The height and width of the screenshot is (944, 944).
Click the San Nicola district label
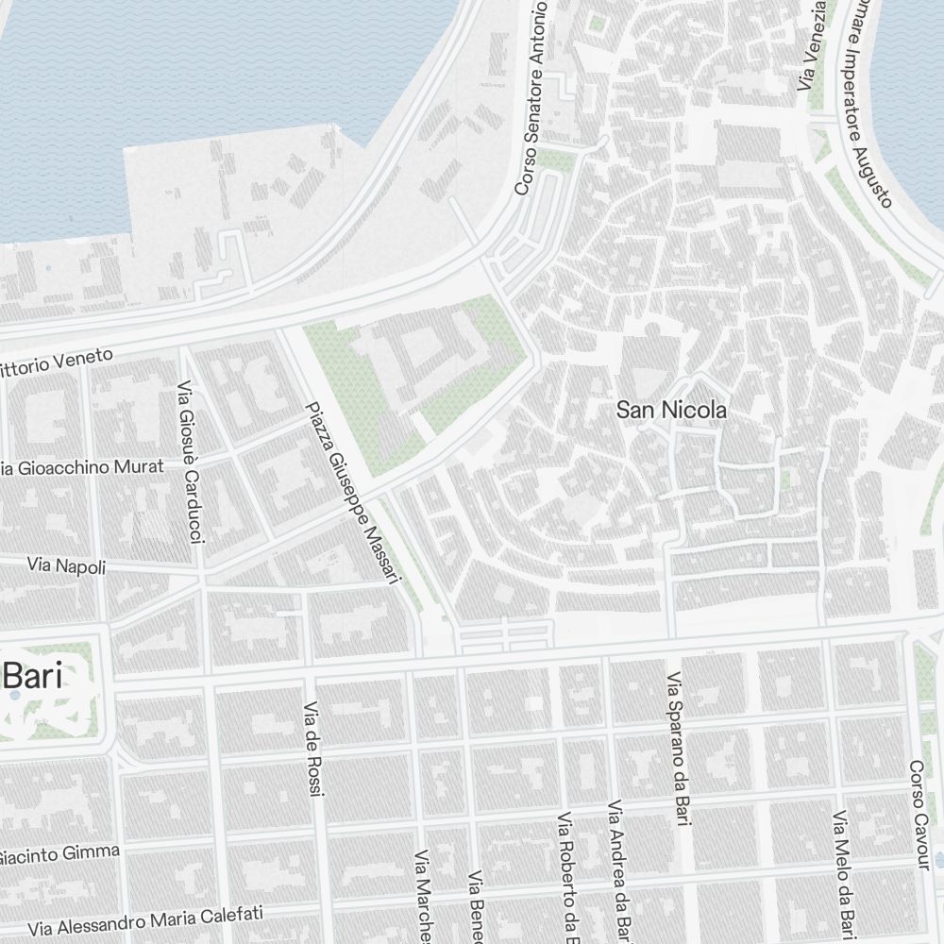tap(671, 410)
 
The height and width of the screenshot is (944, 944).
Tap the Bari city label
tap(33, 677)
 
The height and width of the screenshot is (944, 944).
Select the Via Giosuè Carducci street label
tap(190, 463)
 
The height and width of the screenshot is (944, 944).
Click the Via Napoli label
tap(66, 565)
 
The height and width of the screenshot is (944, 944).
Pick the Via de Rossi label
tap(313, 749)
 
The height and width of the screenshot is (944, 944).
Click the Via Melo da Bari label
tap(843, 873)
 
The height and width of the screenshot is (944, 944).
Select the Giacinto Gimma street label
tap(59, 855)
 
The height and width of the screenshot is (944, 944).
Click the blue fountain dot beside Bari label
tap(15, 696)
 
